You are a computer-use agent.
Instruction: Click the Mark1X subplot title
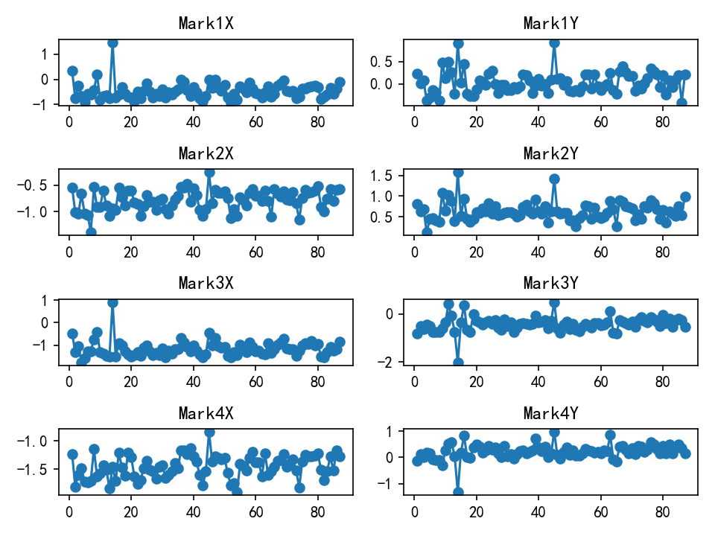206,23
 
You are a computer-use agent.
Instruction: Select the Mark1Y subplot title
551,23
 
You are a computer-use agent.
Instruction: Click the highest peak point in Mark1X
112,42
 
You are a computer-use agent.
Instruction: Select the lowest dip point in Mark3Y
458,363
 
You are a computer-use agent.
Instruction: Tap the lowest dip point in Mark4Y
458,492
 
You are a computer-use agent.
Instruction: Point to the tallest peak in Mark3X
112,302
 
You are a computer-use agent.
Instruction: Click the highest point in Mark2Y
458,172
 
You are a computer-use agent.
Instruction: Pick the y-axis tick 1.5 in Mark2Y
389,175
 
